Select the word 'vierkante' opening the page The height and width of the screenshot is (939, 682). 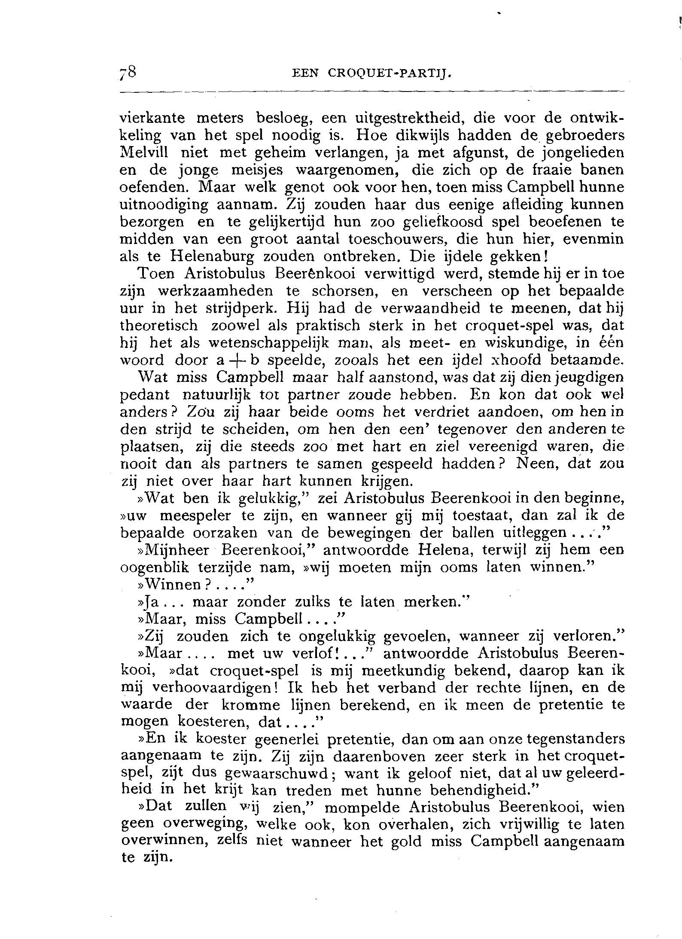[152, 118]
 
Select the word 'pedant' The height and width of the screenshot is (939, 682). [144, 395]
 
